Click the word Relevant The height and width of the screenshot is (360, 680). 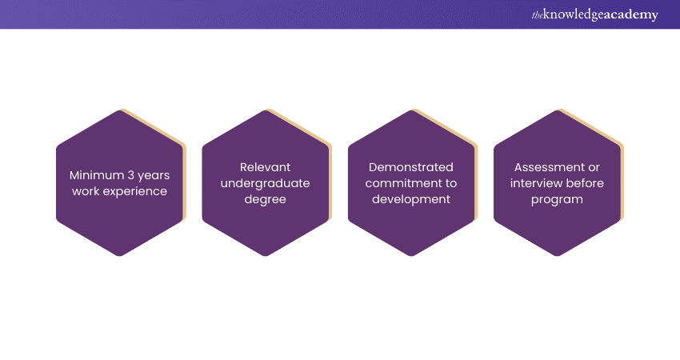pyautogui.click(x=265, y=167)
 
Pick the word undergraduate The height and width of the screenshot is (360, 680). pyautogui.click(x=265, y=183)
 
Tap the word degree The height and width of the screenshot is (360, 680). pyautogui.click(x=265, y=199)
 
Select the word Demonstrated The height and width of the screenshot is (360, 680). pyautogui.click(x=411, y=167)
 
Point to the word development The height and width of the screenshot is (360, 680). pyautogui.click(x=411, y=199)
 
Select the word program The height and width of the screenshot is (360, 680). pyautogui.click(x=557, y=199)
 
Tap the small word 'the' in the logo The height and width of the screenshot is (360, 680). pyautogui.click(x=536, y=14)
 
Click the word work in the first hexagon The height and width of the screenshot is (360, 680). pyautogui.click(x=85, y=191)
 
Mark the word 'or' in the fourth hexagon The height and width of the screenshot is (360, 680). pyautogui.click(x=591, y=167)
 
